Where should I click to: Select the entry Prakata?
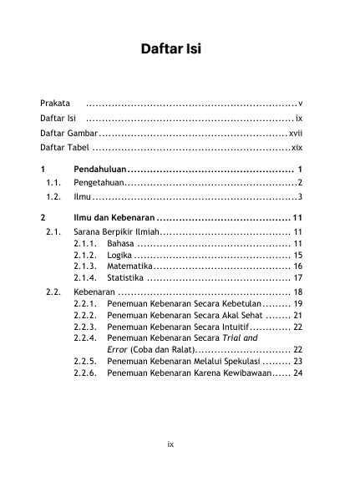[55, 104]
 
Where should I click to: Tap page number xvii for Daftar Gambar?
[295, 134]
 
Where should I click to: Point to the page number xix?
[296, 149]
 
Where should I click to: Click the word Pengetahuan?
[98, 183]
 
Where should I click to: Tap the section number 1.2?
[55, 197]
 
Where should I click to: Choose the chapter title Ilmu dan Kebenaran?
[114, 218]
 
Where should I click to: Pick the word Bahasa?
[119, 243]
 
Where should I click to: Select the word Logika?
[119, 255]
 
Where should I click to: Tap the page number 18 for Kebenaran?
[297, 292]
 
